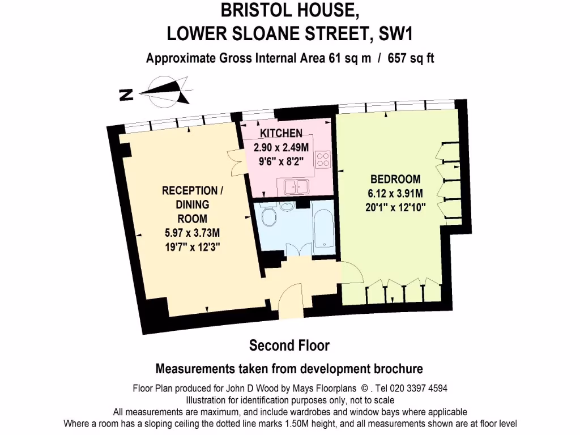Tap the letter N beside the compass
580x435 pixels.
(126, 95)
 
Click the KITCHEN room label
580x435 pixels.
(281, 134)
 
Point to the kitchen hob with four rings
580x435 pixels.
(323, 160)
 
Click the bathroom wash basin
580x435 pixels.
(288, 206)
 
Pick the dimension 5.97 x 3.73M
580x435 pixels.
(191, 232)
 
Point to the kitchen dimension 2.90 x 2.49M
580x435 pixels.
(281, 147)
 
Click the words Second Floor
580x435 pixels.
(289, 345)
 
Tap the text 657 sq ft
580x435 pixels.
(411, 58)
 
